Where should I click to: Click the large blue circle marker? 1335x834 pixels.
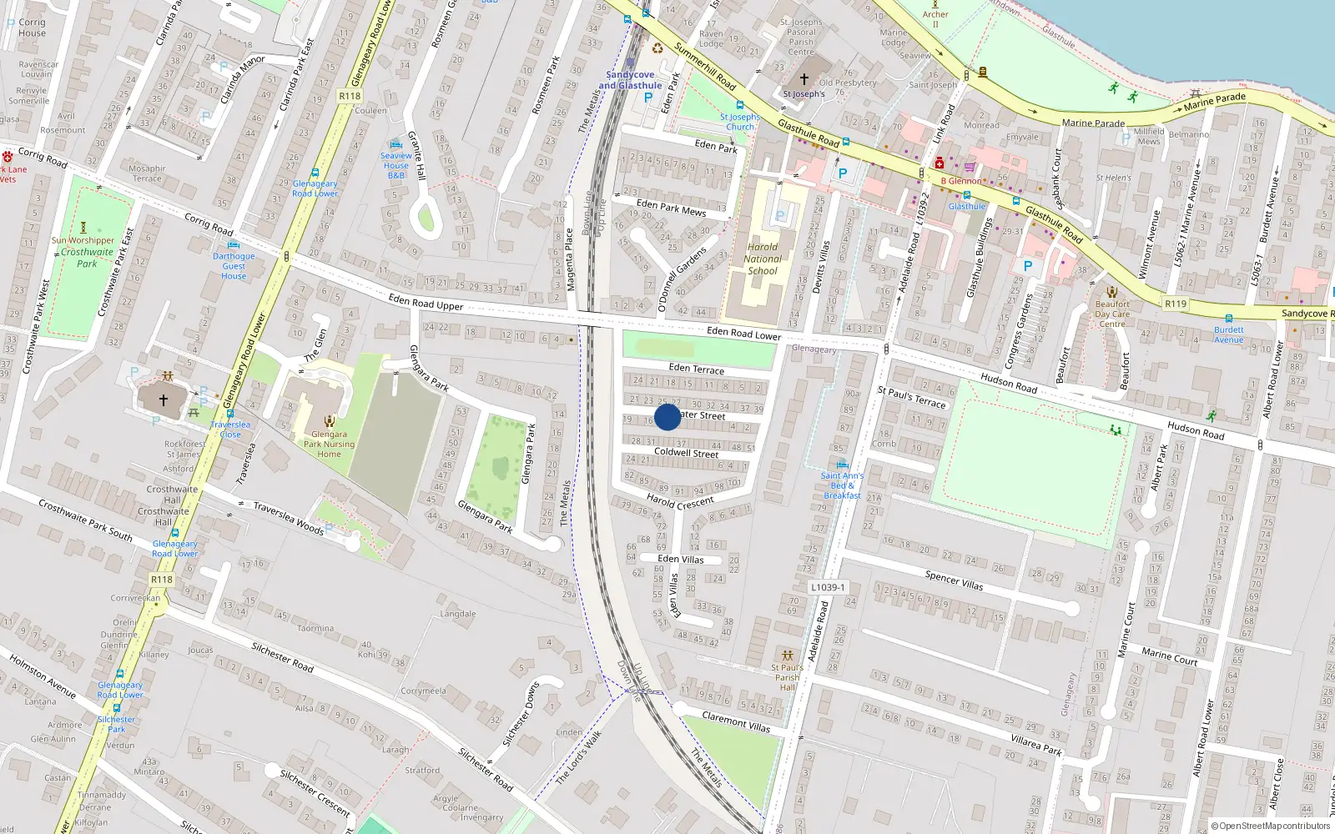(x=667, y=417)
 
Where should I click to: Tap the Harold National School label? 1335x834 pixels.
(x=763, y=259)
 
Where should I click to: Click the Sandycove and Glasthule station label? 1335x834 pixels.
(x=630, y=80)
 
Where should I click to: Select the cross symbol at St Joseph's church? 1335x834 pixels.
(x=804, y=79)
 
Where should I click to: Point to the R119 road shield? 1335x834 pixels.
(x=1176, y=304)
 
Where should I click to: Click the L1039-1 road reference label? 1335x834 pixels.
(x=827, y=587)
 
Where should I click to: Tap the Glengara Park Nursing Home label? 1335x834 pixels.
(x=329, y=444)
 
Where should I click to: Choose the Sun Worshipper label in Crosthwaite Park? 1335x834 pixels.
(x=83, y=240)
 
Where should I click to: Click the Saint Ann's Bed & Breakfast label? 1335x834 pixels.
(x=842, y=485)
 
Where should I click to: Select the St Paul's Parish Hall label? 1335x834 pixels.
(x=787, y=677)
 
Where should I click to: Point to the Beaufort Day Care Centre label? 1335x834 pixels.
(x=1111, y=314)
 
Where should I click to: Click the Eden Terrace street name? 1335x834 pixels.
(x=697, y=368)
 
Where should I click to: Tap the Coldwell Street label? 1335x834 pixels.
(x=686, y=452)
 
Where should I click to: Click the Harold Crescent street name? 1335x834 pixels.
(x=680, y=502)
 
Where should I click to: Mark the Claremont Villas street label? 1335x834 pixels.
(x=736, y=721)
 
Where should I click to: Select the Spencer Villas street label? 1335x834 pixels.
(x=954, y=580)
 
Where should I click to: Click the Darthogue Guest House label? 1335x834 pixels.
(x=234, y=266)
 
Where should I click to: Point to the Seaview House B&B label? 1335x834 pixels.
(x=396, y=165)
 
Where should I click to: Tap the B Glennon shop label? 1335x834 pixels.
(x=961, y=181)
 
